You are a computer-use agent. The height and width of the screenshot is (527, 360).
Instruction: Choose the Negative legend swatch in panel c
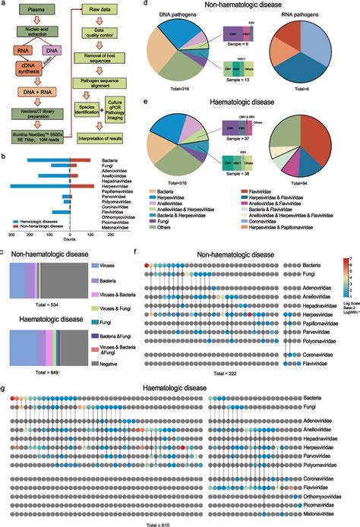coord(99,368)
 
